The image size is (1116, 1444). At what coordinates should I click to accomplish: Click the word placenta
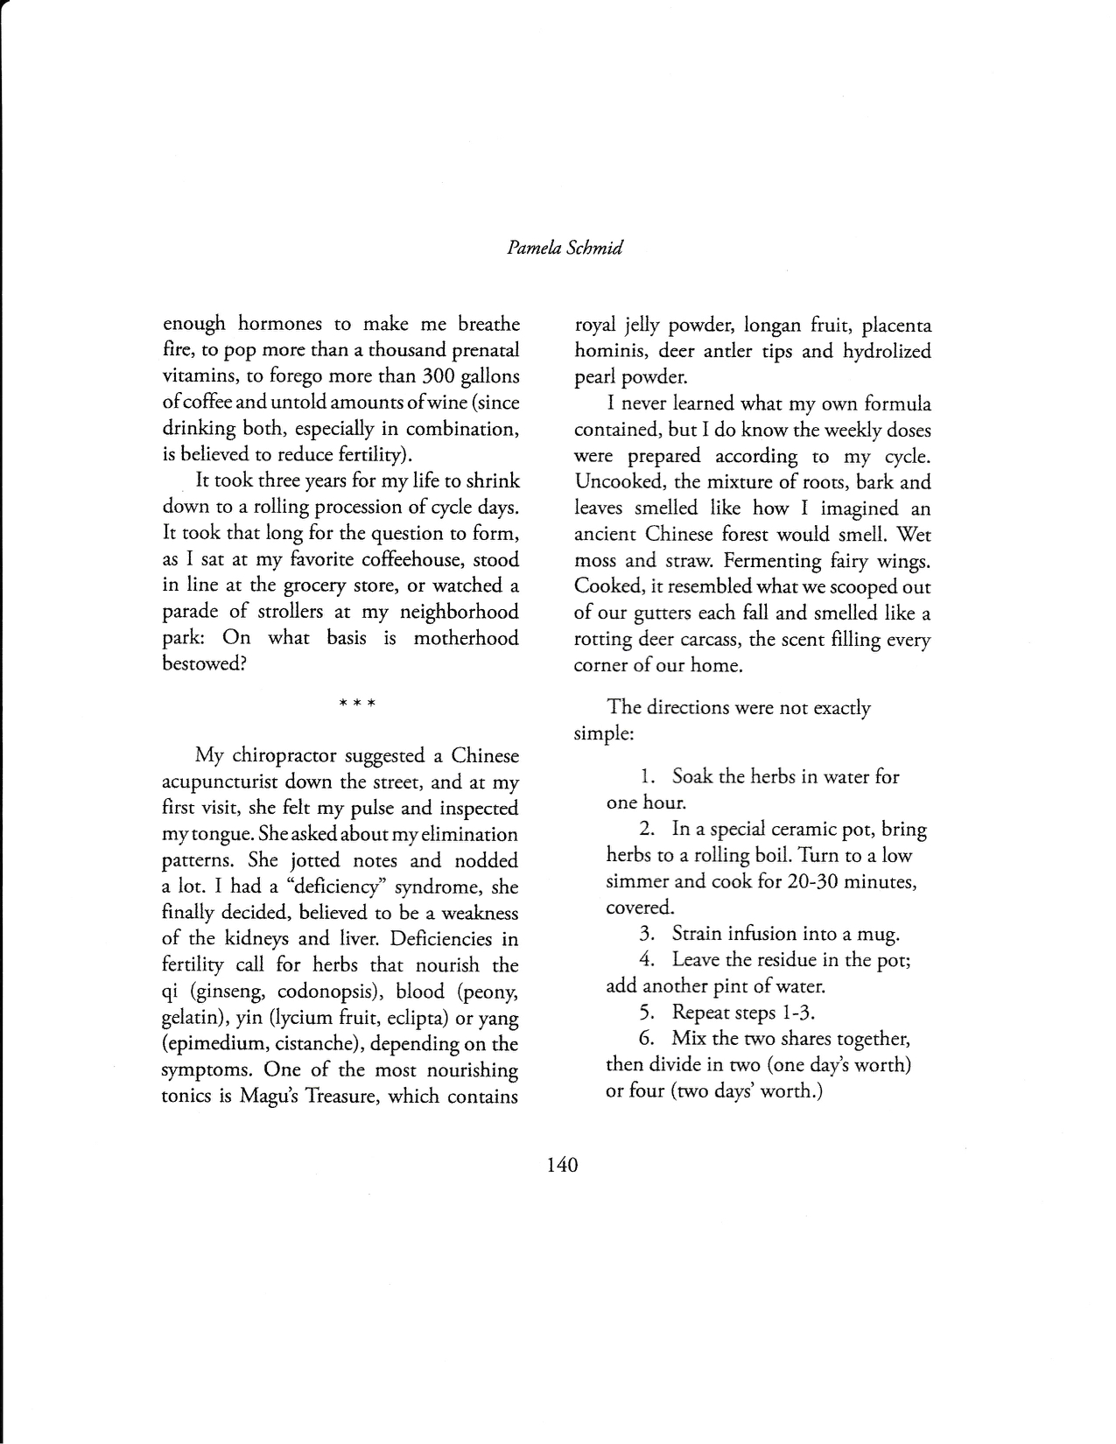897,326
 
